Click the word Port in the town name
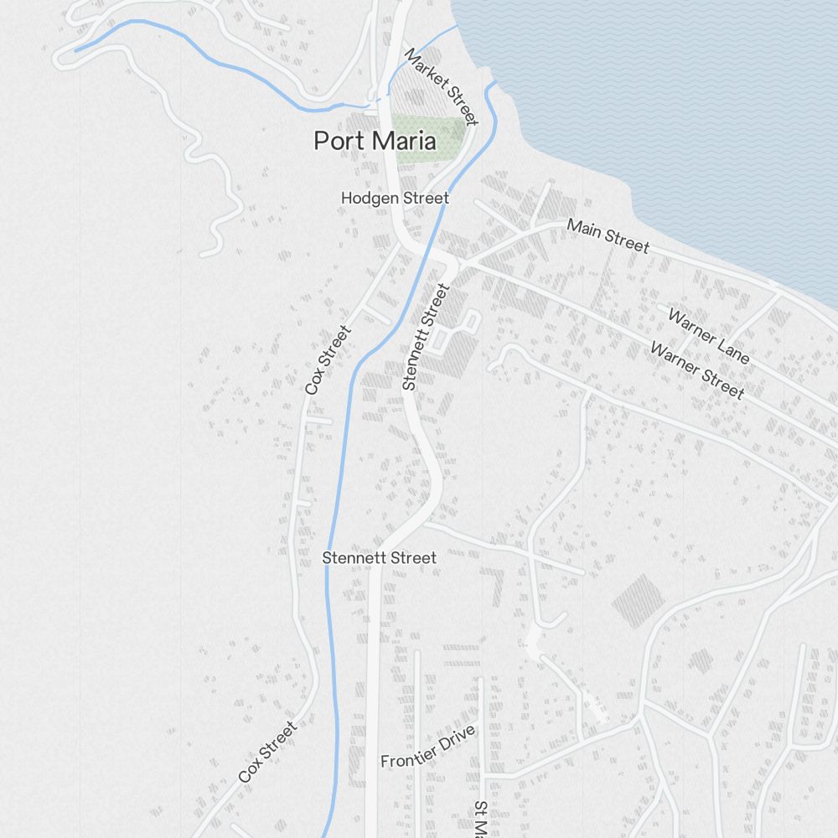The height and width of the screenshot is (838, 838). pos(339,142)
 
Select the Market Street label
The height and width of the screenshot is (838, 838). pos(441,87)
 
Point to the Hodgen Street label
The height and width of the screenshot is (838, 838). pos(395,199)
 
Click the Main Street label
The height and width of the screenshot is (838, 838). pos(608,235)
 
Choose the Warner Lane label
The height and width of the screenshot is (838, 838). pos(708,336)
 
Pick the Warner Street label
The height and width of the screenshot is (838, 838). pos(696,371)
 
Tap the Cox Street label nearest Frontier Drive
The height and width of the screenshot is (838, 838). pos(267,753)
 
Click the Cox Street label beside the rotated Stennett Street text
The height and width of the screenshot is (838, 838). pos(327,360)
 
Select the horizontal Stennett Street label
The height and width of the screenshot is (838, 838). pos(379,558)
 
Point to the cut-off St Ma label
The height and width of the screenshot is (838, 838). pos(480,820)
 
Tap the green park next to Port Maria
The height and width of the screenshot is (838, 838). pos(429,137)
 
